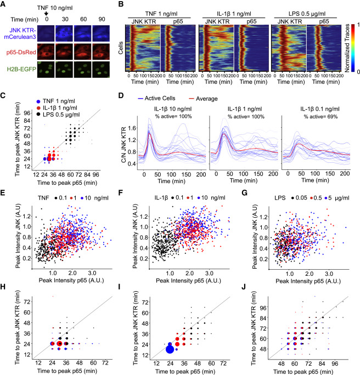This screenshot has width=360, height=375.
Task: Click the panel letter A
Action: pos(5,5)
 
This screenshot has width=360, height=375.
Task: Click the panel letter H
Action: pos(5,286)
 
